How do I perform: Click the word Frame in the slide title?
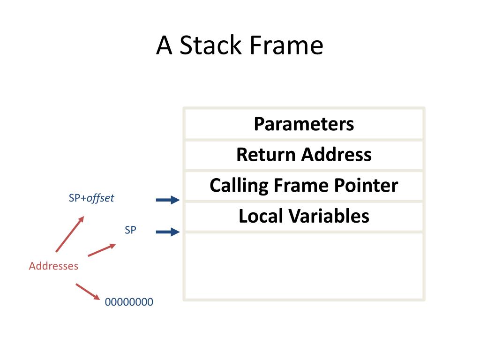point(287,45)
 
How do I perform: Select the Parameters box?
point(304,124)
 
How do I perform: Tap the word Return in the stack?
point(265,154)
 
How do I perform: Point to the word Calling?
point(239,186)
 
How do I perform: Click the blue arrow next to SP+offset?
point(168,200)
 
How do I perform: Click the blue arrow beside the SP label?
point(168,232)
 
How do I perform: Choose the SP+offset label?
point(91,198)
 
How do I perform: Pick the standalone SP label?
point(130,230)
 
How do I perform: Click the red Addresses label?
point(53,266)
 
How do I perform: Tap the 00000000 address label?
point(129,302)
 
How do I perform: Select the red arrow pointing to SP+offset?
point(70,234)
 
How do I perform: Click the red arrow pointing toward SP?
point(102,250)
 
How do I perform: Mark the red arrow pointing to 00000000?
point(88,292)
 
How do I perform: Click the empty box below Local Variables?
point(304,266)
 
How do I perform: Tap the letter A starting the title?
point(164,45)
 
